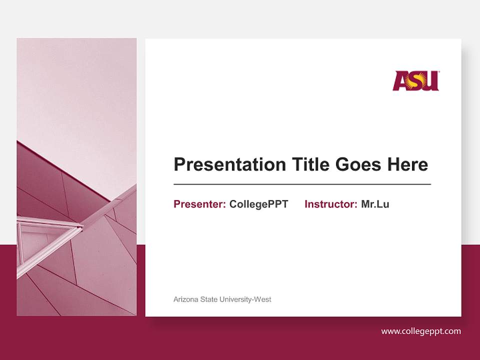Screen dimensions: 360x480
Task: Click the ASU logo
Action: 415,80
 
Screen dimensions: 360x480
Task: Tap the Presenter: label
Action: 199,204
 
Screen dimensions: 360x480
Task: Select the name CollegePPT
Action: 258,204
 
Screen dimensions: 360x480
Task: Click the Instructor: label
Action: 330,204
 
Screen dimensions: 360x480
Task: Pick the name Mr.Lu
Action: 375,204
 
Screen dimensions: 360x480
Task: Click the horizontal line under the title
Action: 302,184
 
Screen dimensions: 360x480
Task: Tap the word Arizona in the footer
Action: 185,299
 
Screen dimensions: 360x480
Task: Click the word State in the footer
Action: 209,299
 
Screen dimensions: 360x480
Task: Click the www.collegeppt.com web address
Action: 421,331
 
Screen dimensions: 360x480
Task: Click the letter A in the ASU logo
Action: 400,81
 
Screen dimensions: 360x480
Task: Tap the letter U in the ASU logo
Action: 432,81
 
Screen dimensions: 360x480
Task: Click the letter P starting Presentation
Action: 179,164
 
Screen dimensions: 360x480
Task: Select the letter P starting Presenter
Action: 176,204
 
